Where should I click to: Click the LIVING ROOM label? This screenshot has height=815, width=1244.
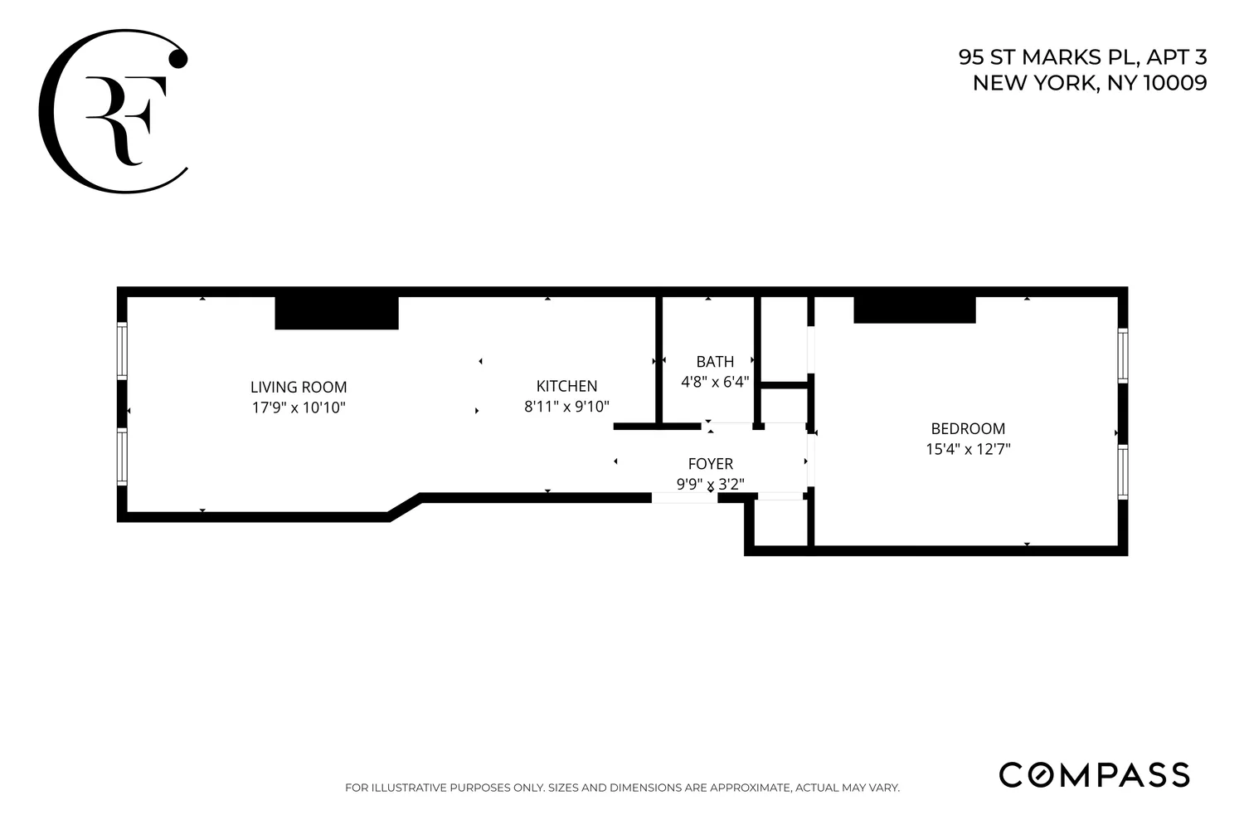(x=299, y=387)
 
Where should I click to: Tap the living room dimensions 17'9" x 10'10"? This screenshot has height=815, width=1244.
(x=299, y=408)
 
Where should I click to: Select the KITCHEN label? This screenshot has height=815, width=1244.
(x=566, y=386)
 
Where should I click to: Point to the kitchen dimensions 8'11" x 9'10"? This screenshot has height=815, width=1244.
(x=566, y=407)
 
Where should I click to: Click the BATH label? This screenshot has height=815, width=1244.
(x=715, y=362)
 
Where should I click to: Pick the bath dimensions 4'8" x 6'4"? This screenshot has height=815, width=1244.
(x=715, y=382)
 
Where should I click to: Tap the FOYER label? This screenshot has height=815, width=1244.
(x=711, y=464)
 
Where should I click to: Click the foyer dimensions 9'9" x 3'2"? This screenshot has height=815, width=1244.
(x=711, y=484)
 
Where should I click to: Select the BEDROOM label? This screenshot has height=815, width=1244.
(x=968, y=428)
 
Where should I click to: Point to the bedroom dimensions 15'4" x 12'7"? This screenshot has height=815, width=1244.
(x=968, y=450)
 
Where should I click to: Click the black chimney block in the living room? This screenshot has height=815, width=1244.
(x=337, y=313)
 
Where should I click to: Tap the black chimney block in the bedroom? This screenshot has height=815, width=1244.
(x=915, y=310)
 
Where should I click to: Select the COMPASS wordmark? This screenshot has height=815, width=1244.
(x=1094, y=774)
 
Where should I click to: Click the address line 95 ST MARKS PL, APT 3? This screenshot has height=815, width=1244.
(x=1082, y=57)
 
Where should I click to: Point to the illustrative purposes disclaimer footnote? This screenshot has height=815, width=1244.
(x=622, y=788)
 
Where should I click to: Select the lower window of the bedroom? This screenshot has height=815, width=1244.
(x=1122, y=472)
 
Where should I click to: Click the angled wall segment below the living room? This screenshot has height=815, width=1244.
(x=406, y=507)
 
